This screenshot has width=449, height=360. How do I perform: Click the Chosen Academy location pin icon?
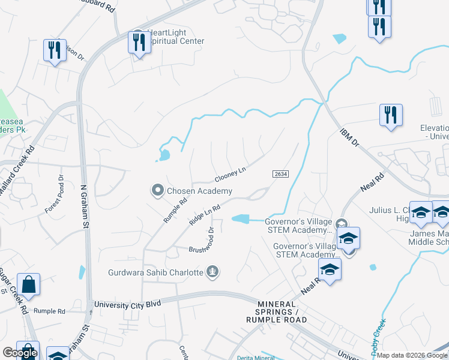(x=157, y=191)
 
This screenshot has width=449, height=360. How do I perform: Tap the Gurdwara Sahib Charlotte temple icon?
(x=211, y=272)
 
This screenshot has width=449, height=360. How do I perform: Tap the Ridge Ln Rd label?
(x=205, y=214)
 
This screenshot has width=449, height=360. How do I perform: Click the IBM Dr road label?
(x=349, y=137)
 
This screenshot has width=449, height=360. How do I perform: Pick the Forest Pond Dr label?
(x=56, y=194)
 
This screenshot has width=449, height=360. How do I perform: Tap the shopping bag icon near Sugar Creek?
(x=28, y=284)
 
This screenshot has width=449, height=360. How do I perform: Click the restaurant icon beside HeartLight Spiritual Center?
(x=139, y=43)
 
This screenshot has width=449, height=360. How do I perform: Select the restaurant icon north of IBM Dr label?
(x=390, y=115)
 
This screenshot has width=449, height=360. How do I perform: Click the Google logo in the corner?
(x=20, y=353)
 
